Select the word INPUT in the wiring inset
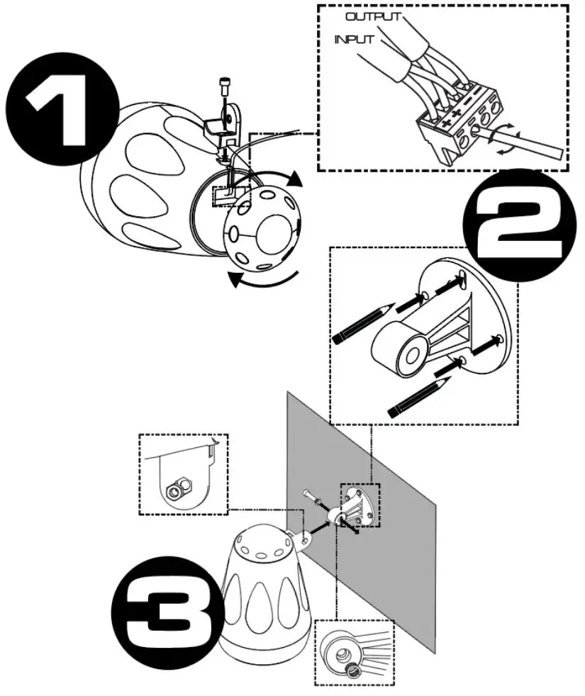click(x=355, y=40)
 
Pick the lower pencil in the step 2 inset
click(x=419, y=396)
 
